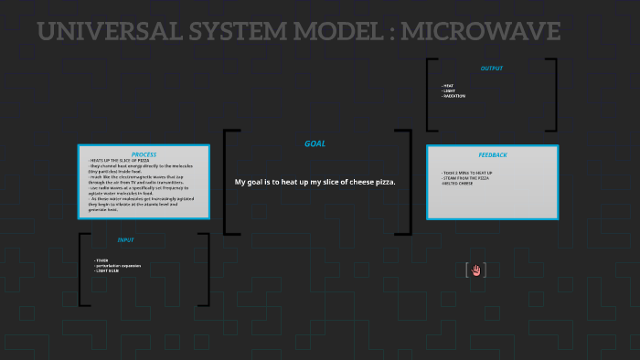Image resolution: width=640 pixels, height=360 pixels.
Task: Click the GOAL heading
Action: (x=315, y=143)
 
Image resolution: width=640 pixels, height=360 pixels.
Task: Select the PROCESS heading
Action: (x=144, y=154)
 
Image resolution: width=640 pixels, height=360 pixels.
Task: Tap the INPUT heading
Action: (x=125, y=240)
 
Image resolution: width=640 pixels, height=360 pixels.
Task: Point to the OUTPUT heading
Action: (x=491, y=69)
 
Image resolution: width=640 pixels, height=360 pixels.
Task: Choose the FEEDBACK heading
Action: (x=493, y=155)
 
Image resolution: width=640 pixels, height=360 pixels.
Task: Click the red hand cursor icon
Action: (x=475, y=270)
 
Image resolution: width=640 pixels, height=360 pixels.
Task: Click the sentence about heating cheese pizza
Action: (x=315, y=182)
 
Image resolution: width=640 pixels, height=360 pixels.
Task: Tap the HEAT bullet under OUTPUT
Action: (x=448, y=86)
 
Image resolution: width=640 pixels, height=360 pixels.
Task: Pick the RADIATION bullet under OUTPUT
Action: (x=453, y=96)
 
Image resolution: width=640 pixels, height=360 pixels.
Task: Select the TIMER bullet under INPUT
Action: (x=101, y=260)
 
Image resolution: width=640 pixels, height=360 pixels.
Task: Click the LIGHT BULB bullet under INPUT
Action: (x=108, y=271)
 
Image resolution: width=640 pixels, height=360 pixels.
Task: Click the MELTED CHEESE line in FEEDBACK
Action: (x=459, y=184)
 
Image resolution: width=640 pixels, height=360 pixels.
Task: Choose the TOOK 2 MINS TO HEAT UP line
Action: (x=467, y=173)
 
